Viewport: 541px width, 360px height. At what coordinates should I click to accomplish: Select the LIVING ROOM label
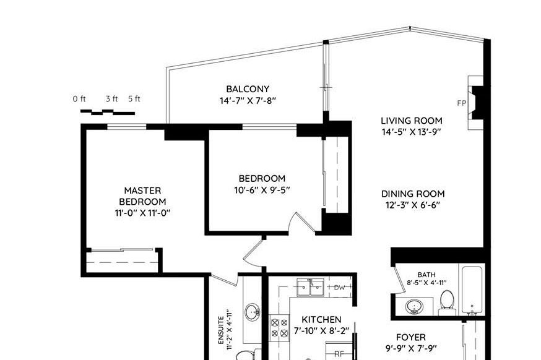(x=411, y=121)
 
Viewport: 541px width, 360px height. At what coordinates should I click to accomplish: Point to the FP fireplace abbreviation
(x=461, y=103)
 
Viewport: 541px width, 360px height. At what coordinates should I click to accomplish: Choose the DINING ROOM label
(x=413, y=194)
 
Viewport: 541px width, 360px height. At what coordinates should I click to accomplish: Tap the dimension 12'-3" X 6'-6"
(x=413, y=205)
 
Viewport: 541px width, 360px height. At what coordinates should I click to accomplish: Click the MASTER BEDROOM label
(x=142, y=196)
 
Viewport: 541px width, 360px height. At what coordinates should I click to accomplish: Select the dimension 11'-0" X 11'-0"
(x=142, y=213)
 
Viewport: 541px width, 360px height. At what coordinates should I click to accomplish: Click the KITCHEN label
(x=321, y=319)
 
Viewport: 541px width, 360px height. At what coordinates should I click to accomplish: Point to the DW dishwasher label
(x=339, y=288)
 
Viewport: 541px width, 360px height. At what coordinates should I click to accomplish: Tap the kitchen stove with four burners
(x=279, y=327)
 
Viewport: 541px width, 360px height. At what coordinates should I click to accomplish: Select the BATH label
(x=426, y=275)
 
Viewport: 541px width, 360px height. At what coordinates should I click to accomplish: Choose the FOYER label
(x=410, y=337)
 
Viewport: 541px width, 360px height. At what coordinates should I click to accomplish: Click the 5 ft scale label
(x=134, y=99)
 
